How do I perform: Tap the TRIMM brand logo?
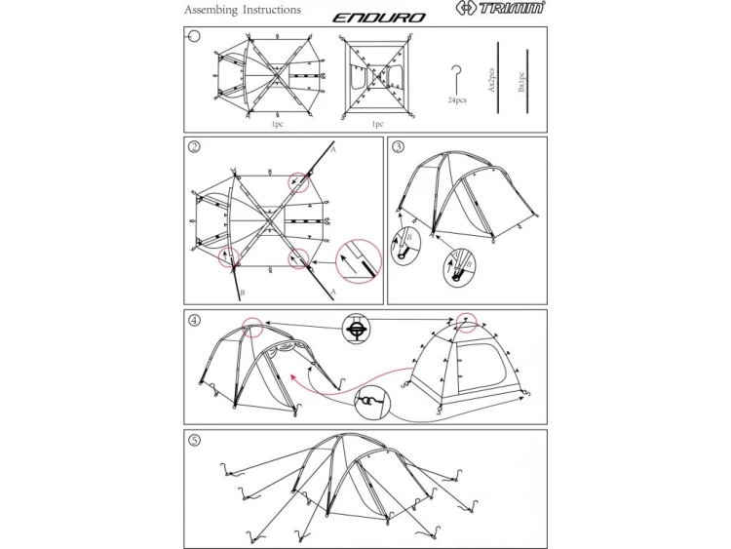(504, 11)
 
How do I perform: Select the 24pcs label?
(457, 99)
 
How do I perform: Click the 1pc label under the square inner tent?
(378, 124)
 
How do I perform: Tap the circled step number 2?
(195, 147)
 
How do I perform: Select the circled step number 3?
(399, 147)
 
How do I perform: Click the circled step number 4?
(195, 319)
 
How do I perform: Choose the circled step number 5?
(195, 440)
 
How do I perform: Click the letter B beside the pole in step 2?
(241, 292)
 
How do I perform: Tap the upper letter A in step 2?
(332, 151)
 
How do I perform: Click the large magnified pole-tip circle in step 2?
(356, 259)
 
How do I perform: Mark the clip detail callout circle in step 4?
(356, 332)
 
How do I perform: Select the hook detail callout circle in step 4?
(370, 401)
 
